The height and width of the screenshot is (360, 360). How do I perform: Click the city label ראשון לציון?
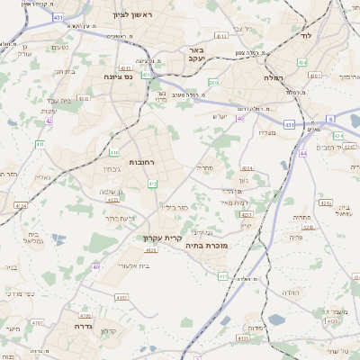tap(131, 15)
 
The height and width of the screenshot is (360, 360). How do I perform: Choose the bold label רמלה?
tap(271, 78)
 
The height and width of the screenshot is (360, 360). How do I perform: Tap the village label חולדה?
tap(289, 292)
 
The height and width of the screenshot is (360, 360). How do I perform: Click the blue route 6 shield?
tap(330, 119)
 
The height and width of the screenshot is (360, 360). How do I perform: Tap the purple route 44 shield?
tap(304, 154)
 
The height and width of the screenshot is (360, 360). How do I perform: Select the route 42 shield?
tap(49, 121)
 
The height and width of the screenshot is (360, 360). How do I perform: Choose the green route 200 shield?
tap(212, 82)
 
